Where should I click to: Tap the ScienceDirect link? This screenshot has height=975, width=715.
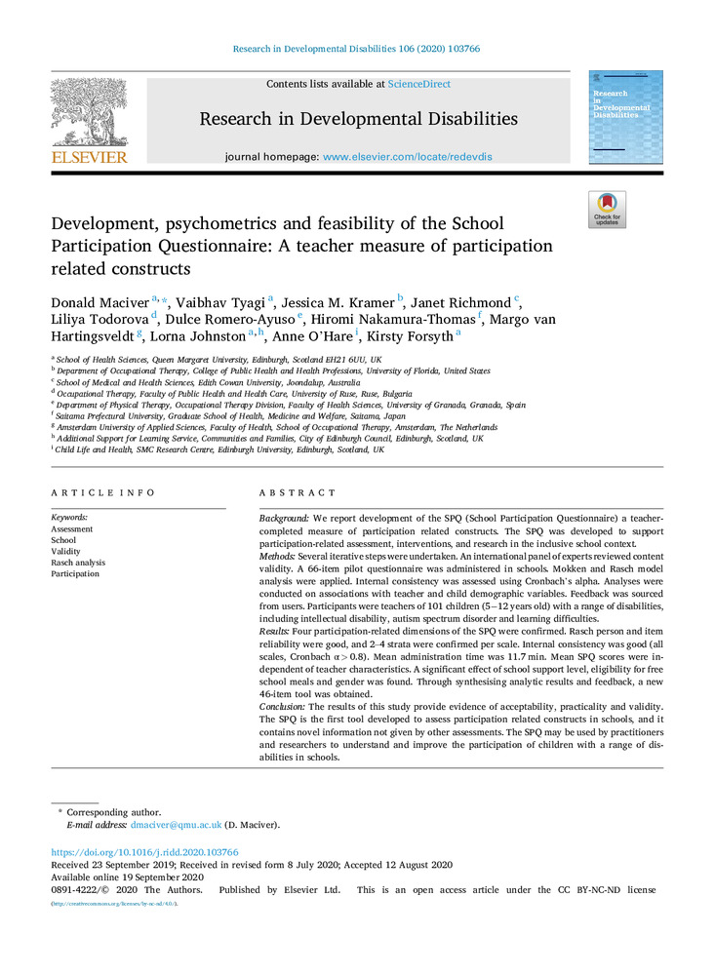point(418,85)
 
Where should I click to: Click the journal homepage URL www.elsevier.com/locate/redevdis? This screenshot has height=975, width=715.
point(408,156)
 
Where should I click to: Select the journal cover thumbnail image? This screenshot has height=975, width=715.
point(625,116)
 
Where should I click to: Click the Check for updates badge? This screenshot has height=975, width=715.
point(607,210)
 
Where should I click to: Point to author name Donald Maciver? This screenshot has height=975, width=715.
point(99,303)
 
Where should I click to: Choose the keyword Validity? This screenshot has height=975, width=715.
point(65,551)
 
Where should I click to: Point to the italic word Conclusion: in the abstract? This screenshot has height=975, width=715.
point(284,705)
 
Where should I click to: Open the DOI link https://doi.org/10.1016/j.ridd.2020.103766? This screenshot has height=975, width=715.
point(144,852)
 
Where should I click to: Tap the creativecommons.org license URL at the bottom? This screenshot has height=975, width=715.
point(114,904)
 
